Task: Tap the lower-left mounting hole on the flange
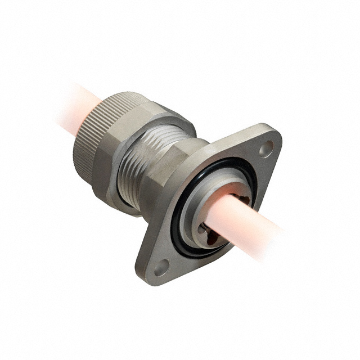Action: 161,266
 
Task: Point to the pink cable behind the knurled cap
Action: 70,104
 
